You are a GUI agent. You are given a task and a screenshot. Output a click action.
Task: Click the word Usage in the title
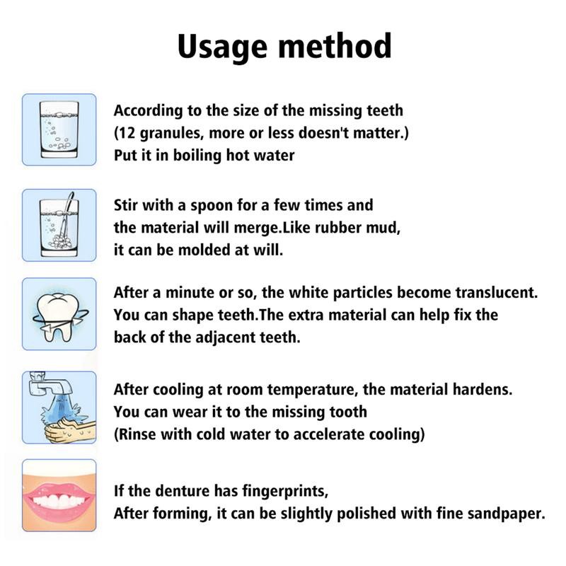pos(219,46)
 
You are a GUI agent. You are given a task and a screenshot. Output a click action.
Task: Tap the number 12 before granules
pos(126,133)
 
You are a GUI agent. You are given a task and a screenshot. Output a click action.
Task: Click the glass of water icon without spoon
pos(59,129)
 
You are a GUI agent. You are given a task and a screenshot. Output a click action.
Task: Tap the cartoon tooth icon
pos(59,314)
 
